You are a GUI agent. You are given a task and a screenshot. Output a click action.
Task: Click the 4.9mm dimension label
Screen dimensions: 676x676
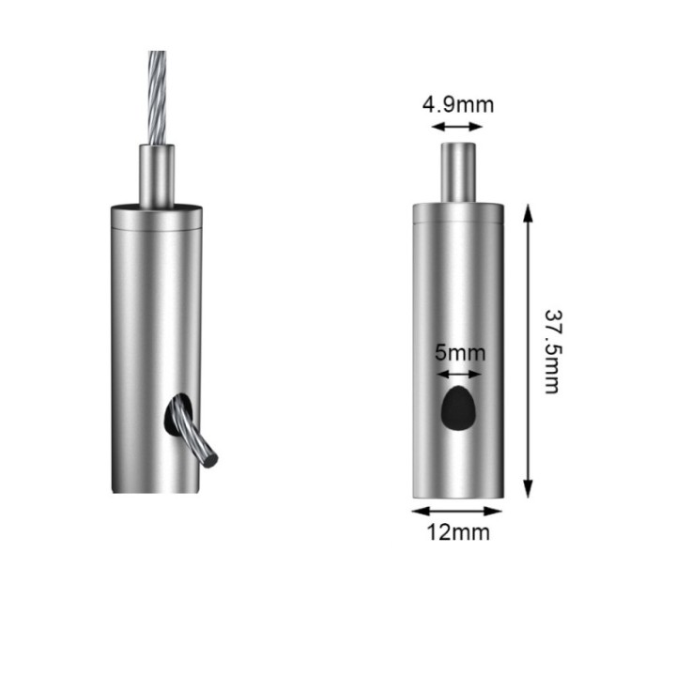[x=458, y=105]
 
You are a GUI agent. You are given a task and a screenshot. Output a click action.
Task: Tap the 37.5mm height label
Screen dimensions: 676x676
[x=552, y=351]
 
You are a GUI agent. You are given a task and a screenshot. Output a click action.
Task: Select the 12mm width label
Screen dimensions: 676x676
[x=458, y=532]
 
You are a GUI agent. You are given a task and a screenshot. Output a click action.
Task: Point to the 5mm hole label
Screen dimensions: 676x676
[x=460, y=353]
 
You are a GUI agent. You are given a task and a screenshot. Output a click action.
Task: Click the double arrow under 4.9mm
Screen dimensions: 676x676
[x=457, y=127]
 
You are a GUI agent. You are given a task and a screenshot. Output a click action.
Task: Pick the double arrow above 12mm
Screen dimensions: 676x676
[x=457, y=512]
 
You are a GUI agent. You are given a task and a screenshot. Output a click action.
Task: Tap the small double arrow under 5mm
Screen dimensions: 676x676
[x=459, y=375]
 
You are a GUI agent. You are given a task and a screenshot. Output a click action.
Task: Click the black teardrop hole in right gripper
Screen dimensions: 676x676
[x=459, y=408]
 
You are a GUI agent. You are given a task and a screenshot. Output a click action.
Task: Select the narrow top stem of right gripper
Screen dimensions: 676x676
[x=458, y=173]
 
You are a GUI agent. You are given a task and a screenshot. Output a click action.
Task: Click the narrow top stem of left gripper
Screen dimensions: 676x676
[x=157, y=176]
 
